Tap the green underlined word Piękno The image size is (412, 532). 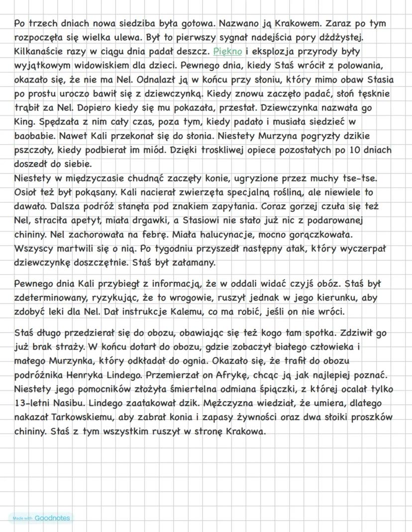[227, 51]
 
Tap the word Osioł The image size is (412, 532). [26, 192]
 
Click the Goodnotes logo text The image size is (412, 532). [52, 518]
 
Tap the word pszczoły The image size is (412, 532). [32, 150]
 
